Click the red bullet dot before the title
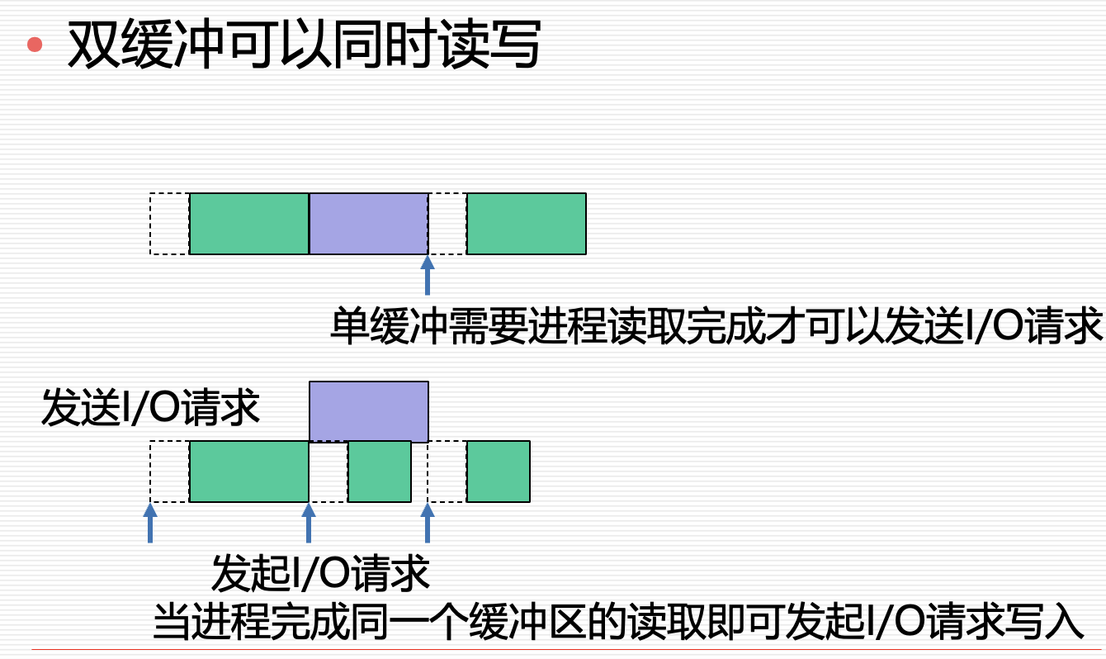[x=35, y=45]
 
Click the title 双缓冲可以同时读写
[x=303, y=44]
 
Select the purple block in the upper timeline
[x=368, y=224]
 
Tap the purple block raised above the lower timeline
[x=368, y=411]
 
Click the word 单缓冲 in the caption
[x=376, y=326]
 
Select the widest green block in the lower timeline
[x=248, y=472]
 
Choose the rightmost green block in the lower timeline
[x=498, y=472]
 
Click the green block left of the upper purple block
[x=248, y=224]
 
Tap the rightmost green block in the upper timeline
[x=527, y=224]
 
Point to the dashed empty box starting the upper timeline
[x=170, y=224]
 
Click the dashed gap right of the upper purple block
[x=447, y=224]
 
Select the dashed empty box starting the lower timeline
[x=170, y=472]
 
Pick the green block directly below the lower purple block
[x=379, y=472]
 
